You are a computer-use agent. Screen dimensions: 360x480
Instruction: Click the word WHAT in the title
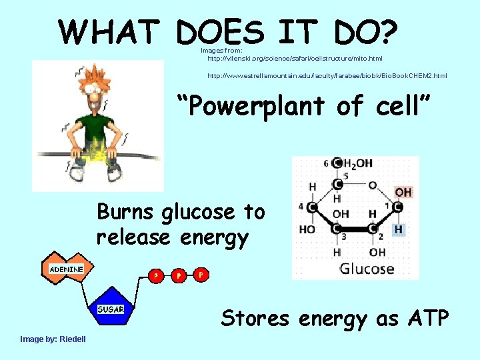(x=109, y=31)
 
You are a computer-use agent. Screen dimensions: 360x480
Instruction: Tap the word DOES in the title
(x=220, y=31)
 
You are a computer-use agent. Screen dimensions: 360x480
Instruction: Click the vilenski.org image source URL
(x=295, y=59)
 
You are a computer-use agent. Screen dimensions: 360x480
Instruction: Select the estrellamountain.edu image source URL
(x=327, y=76)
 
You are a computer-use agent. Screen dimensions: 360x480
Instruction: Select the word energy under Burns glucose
(x=213, y=237)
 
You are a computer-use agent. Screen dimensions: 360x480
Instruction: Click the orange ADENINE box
(x=66, y=269)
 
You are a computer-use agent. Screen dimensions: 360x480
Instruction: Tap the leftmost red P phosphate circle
(x=156, y=275)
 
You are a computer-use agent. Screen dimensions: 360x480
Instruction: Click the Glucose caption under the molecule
(x=367, y=269)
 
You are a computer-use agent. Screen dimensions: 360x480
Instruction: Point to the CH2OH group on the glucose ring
(x=356, y=163)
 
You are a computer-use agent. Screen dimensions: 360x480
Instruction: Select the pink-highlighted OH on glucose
(x=403, y=193)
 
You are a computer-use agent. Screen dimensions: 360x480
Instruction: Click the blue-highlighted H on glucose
(x=398, y=229)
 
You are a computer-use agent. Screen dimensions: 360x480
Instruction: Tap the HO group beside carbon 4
(x=307, y=229)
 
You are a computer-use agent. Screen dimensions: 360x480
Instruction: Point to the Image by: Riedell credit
(x=53, y=339)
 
